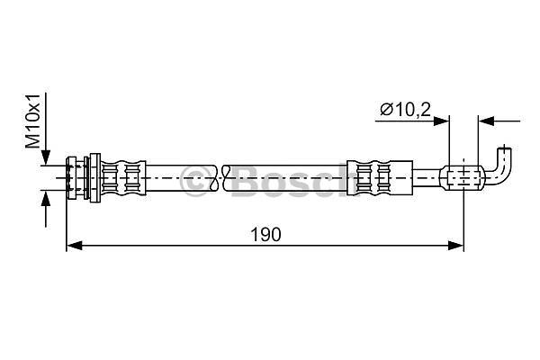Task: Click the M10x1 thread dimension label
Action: [34, 121]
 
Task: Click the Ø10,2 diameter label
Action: [405, 110]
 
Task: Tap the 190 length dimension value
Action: [265, 235]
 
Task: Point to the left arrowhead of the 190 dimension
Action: [74, 246]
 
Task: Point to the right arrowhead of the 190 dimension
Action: [455, 246]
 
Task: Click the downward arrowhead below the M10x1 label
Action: [46, 157]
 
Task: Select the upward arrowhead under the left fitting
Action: [46, 199]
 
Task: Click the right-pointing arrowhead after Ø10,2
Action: [441, 121]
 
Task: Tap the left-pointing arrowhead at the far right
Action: [486, 121]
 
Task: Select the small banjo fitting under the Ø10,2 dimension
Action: [463, 178]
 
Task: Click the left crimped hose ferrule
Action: [123, 178]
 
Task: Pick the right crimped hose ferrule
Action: [380, 178]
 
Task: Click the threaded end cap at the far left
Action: [71, 178]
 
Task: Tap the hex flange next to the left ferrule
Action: [94, 178]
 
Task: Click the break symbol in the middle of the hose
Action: [220, 178]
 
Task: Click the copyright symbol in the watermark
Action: [196, 181]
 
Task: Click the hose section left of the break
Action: [181, 178]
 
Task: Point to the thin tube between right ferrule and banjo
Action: [427, 178]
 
